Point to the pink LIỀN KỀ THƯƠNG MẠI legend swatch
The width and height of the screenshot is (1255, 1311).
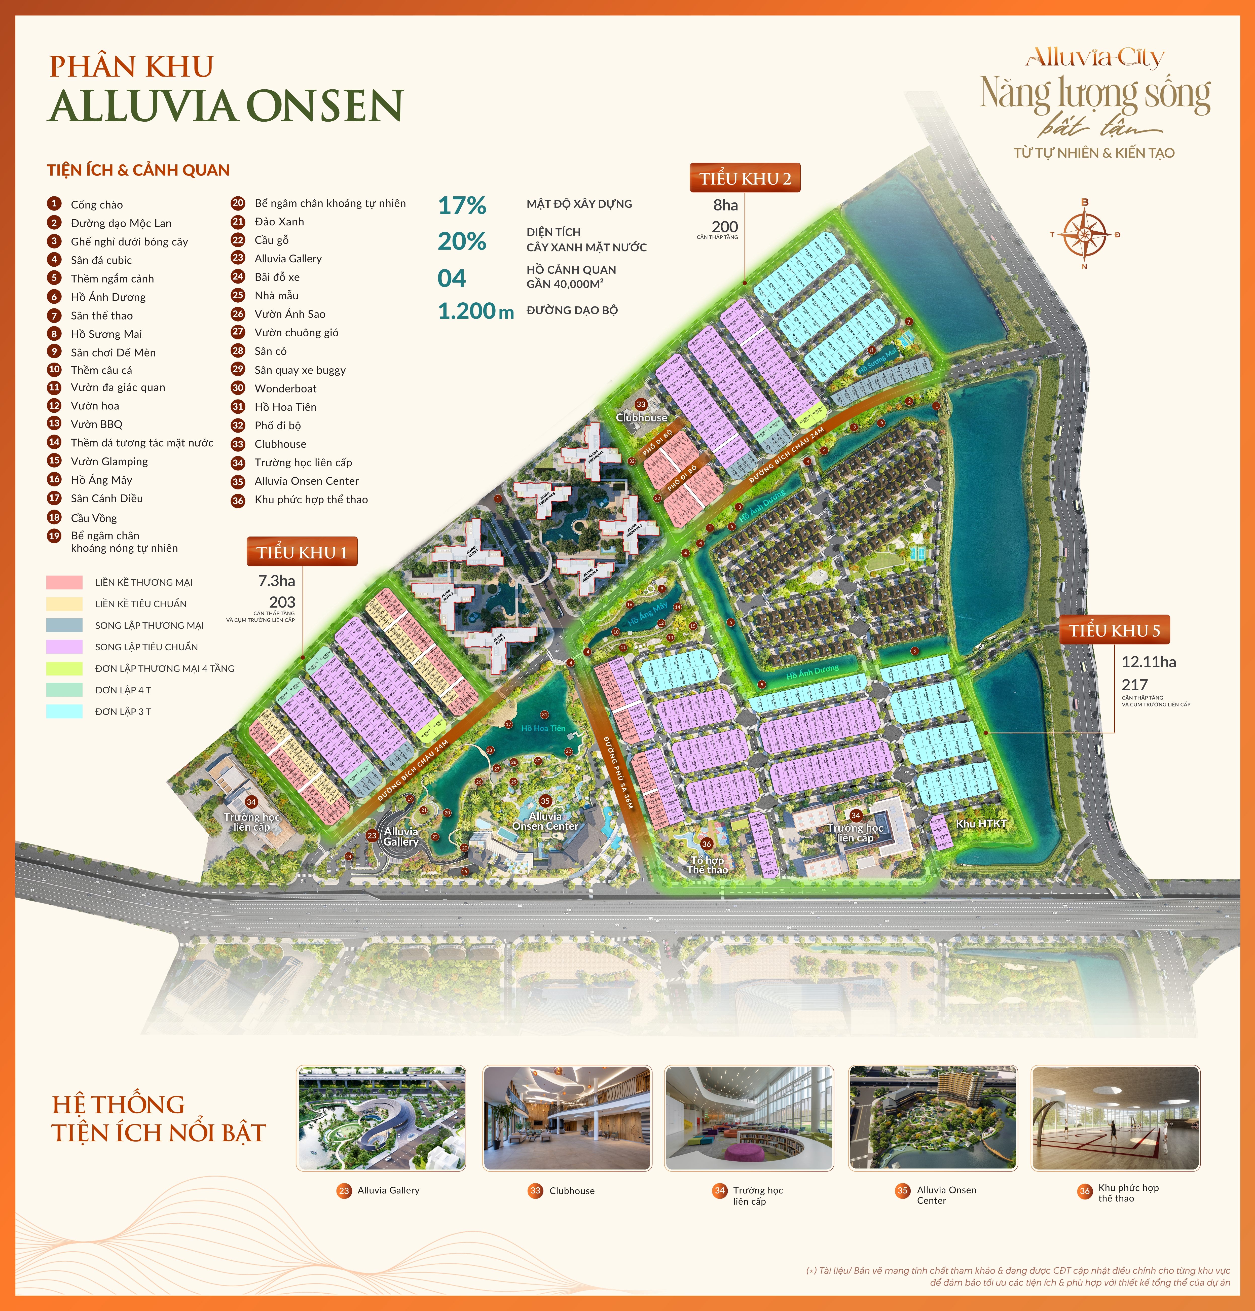[x=64, y=582]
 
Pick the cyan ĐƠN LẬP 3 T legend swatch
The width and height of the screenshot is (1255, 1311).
[x=64, y=711]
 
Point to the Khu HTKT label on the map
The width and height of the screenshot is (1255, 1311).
[x=981, y=823]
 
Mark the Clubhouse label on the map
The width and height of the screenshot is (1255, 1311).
[x=641, y=417]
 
